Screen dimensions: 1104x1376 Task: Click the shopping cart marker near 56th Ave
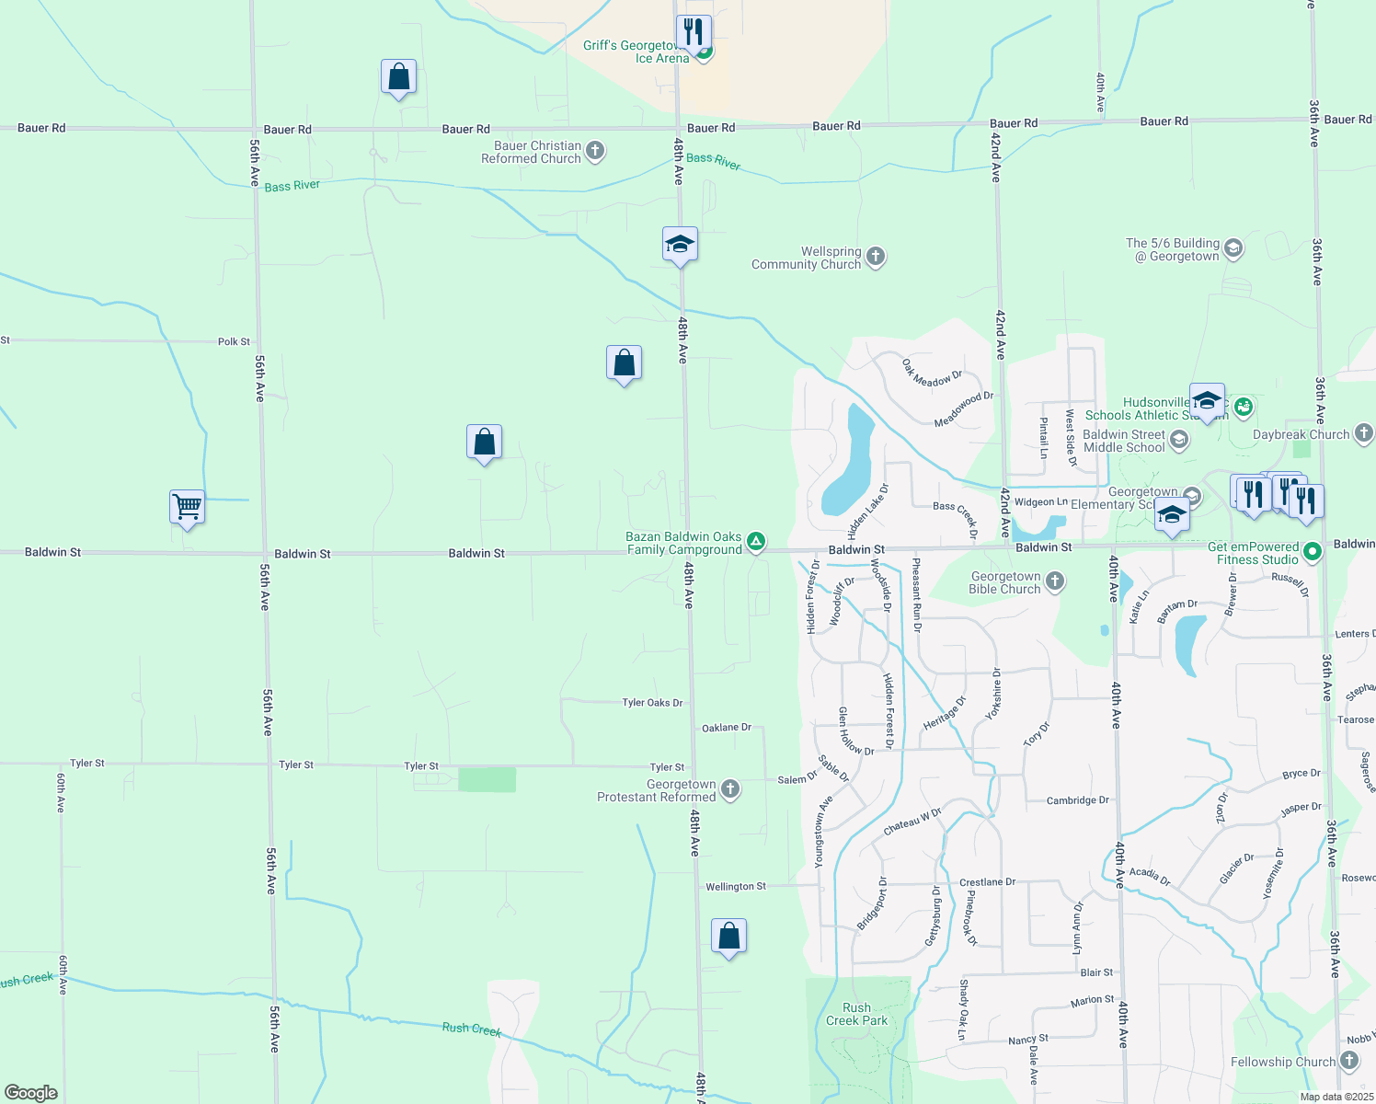click(187, 507)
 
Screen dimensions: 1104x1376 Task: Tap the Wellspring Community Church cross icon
click(876, 257)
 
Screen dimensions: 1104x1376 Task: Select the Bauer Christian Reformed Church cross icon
click(595, 151)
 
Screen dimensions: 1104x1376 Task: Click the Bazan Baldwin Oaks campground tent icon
click(755, 542)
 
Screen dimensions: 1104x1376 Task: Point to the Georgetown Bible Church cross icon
click(1055, 581)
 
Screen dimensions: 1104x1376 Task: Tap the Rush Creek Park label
click(856, 1014)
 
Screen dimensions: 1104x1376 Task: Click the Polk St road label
click(234, 341)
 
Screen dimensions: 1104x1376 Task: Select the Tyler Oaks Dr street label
click(652, 703)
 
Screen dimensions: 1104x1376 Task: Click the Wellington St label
click(735, 887)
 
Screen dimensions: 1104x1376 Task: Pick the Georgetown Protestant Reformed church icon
click(730, 789)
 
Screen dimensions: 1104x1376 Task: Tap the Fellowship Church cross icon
click(1349, 1062)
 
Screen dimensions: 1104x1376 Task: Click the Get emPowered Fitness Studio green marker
click(1313, 552)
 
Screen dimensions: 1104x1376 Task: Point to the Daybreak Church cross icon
click(1363, 433)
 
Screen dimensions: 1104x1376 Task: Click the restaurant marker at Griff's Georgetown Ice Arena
click(694, 33)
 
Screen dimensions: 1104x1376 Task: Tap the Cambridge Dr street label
click(1077, 800)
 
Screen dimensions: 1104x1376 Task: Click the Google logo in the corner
click(31, 1092)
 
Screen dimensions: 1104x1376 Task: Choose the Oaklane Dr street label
click(727, 728)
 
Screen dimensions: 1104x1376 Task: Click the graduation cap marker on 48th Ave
click(680, 245)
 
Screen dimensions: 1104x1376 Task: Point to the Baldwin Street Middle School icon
click(1178, 440)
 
